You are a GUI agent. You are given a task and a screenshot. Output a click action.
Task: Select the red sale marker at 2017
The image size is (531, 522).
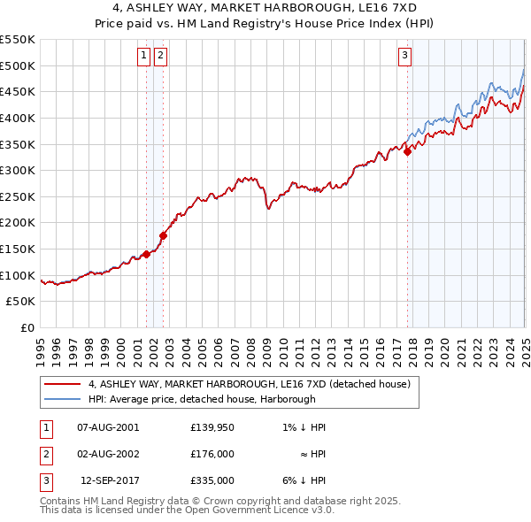click(x=407, y=151)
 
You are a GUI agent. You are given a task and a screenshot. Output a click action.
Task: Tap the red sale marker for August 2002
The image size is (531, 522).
click(x=163, y=235)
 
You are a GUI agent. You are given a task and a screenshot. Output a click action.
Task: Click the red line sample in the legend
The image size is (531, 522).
click(x=62, y=385)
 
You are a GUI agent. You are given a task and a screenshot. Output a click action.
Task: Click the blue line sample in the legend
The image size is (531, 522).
click(x=62, y=400)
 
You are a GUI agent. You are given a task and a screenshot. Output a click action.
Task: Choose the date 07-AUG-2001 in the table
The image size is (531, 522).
click(x=108, y=427)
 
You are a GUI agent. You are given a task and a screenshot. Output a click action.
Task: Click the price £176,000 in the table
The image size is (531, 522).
click(x=212, y=454)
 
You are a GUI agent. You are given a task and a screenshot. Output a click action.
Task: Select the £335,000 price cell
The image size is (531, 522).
click(x=212, y=480)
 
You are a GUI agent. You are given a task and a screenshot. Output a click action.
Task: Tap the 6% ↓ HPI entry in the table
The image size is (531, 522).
click(x=304, y=480)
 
